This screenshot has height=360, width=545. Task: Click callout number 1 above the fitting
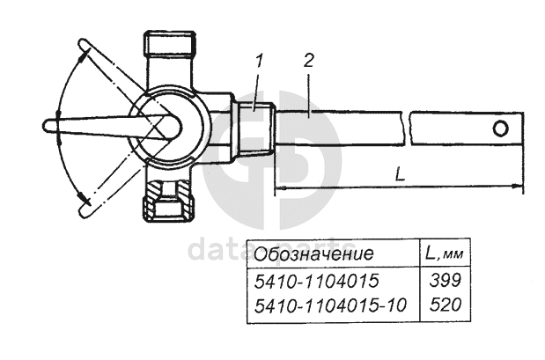(259, 62)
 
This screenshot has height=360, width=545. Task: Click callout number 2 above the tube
(309, 61)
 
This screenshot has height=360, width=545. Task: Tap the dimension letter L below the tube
(401, 173)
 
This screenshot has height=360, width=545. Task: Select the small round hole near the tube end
(500, 129)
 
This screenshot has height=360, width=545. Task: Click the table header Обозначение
(313, 254)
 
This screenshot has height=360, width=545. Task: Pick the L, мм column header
(445, 254)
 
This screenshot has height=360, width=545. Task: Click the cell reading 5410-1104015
(316, 281)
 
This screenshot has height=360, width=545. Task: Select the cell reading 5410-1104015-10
(330, 305)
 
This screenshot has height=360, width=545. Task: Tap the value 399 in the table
(446, 281)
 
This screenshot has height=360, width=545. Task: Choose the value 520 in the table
(446, 305)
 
